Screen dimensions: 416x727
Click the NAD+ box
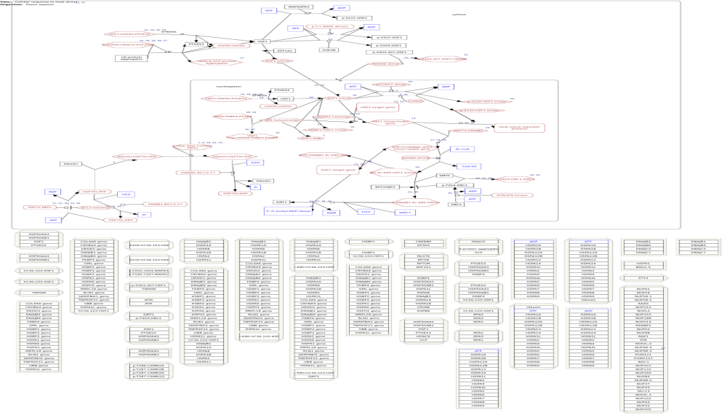tap(404, 212)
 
